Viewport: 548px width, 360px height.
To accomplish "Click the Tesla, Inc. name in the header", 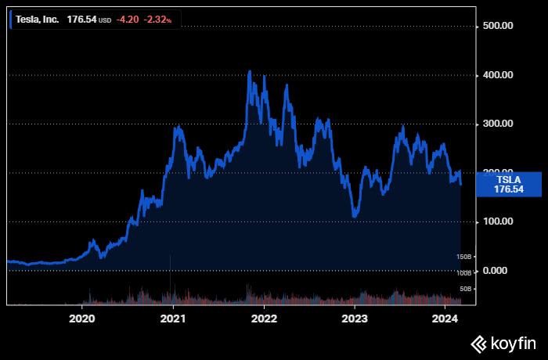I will (38, 19).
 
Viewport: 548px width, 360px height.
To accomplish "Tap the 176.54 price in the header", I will (81, 19).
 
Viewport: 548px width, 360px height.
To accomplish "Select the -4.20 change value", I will (127, 19).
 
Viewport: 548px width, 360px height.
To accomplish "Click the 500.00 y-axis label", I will (497, 26).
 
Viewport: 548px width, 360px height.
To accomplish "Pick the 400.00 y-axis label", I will (497, 75).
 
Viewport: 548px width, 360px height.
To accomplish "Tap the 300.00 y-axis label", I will (497, 124).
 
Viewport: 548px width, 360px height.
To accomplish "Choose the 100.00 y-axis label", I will (497, 221).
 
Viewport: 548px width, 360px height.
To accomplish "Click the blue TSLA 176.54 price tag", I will (508, 184).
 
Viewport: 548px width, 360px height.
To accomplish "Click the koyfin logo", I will (503, 343).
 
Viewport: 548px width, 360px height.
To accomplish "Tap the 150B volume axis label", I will (464, 257).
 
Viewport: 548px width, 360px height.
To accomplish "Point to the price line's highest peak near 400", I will (250, 72).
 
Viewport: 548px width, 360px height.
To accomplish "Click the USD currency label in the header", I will (106, 20).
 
